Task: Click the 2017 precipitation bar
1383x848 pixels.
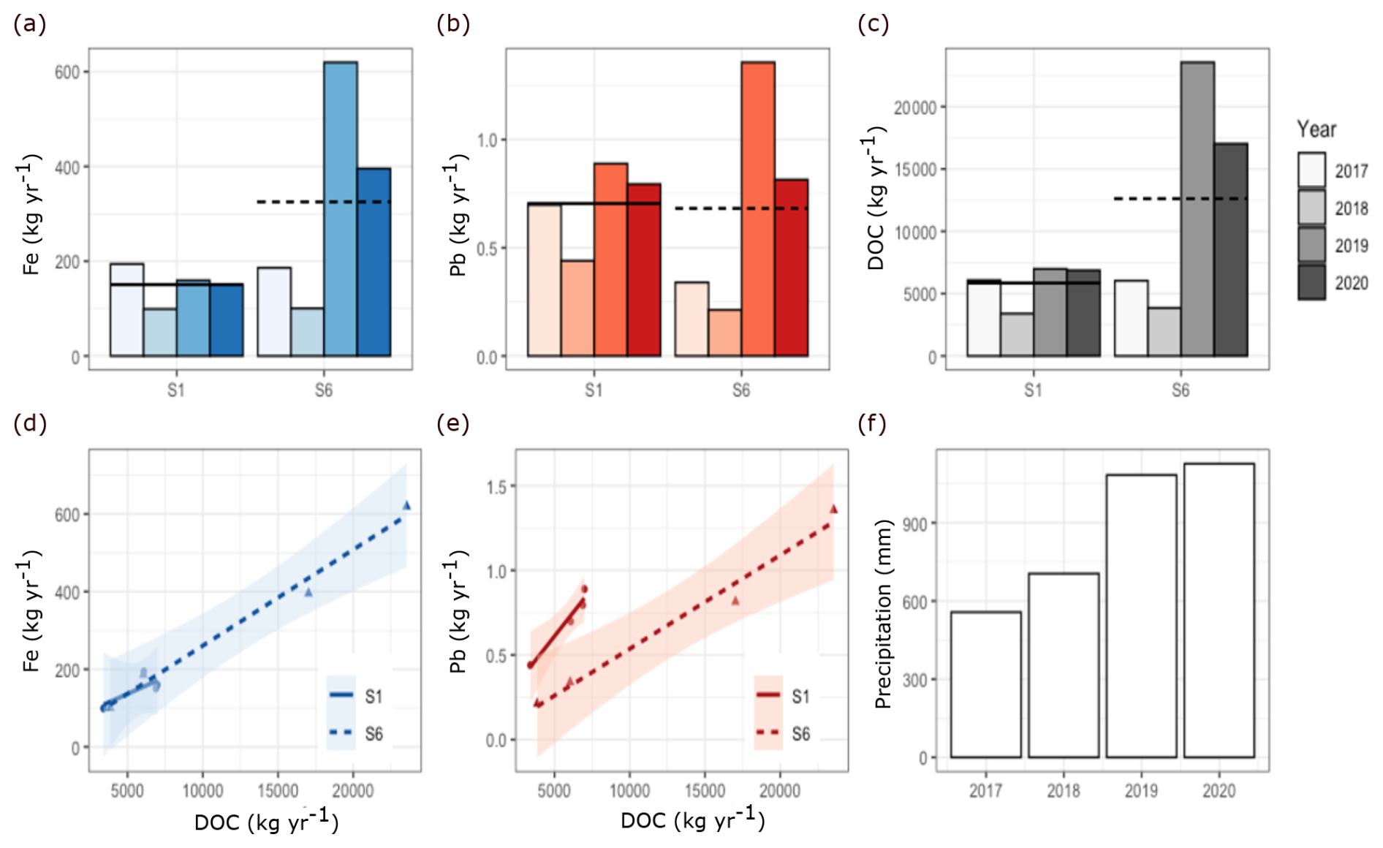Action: [986, 684]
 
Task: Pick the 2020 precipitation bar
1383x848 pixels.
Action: [1219, 610]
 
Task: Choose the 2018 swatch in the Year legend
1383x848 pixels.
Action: [1311, 208]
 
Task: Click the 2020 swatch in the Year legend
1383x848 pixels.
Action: [1311, 283]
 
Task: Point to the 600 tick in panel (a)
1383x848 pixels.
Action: [67, 72]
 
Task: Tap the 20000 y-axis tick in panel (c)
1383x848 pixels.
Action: [914, 107]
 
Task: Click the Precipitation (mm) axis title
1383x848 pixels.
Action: [883, 614]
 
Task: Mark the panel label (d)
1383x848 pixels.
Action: [30, 423]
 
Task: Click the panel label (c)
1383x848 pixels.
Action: [874, 24]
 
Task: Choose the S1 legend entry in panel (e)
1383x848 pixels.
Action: [782, 696]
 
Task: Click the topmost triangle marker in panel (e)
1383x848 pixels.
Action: [833, 509]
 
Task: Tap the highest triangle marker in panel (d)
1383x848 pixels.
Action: [407, 505]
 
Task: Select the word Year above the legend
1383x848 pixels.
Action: [1316, 129]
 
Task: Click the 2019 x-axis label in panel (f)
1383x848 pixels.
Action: [1141, 790]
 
